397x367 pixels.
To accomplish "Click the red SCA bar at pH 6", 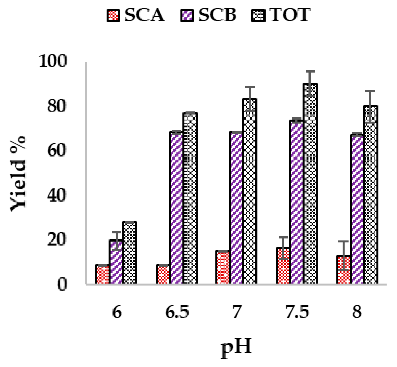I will click(x=102, y=274).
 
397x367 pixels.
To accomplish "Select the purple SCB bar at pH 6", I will click(x=116, y=262).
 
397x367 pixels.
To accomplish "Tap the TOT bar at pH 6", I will click(x=129, y=253).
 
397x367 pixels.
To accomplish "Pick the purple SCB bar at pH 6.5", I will click(x=176, y=207).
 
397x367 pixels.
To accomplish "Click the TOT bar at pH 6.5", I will click(x=190, y=198).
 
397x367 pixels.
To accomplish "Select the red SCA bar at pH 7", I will click(x=223, y=267).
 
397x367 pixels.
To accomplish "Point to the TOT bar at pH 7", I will click(x=250, y=191).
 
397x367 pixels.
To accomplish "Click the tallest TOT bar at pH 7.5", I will click(x=310, y=183).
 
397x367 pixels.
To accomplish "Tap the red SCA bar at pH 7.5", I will click(x=283, y=265).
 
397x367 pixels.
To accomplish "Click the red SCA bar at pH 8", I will click(x=343, y=269).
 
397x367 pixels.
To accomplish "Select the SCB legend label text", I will click(x=217, y=15).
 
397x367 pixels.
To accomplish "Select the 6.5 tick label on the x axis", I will click(x=177, y=312).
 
